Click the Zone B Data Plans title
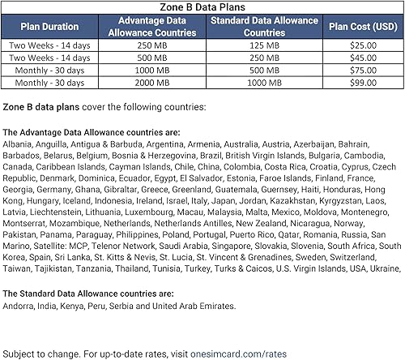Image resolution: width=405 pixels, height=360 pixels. pos(202,6)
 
